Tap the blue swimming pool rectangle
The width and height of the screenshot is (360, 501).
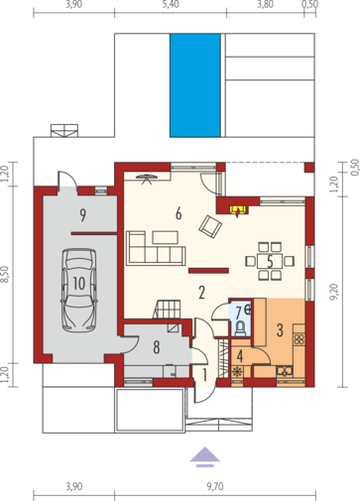coord(195,85)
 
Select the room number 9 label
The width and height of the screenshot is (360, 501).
coord(83,215)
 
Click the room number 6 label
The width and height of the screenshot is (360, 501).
coord(179,214)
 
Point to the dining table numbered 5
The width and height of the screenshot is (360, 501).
coord(270,261)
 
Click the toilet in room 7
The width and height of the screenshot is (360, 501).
coord(240,328)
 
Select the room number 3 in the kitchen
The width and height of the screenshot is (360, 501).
coord(280,330)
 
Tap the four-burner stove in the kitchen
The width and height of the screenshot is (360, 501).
coord(300,338)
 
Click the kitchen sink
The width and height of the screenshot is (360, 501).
coord(285,371)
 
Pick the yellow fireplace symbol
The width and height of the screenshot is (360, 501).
coord(238,210)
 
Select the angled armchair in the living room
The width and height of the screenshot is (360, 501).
coord(210,226)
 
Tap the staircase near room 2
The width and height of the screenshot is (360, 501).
coord(168,309)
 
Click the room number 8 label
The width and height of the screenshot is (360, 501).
coord(157,347)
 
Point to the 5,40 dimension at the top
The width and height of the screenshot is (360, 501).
coord(171,5)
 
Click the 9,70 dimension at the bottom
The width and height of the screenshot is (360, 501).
coord(215,486)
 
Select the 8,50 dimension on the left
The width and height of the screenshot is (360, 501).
coord(6,275)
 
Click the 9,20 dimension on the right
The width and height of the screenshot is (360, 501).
coord(334,292)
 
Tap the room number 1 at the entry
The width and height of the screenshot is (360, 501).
coord(204,376)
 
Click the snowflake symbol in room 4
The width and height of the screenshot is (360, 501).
coord(237,372)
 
